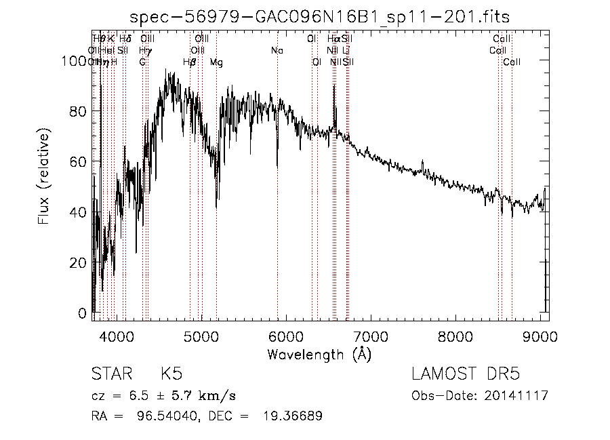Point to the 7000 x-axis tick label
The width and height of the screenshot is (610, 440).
pyautogui.click(x=371, y=336)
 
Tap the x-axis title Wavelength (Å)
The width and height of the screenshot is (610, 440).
pyautogui.click(x=319, y=354)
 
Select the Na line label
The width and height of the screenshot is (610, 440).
pyautogui.click(x=277, y=51)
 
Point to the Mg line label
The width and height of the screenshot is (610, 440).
pyautogui.click(x=216, y=62)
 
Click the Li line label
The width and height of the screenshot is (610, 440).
pyautogui.click(x=346, y=51)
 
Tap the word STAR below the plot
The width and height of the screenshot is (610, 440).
pyautogui.click(x=108, y=374)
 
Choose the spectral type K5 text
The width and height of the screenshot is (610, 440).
pyautogui.click(x=171, y=374)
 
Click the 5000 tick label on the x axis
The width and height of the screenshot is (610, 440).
pyautogui.click(x=201, y=336)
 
